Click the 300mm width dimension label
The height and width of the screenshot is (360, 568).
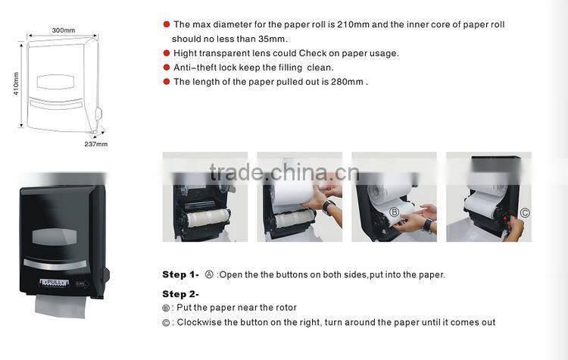[x=64, y=30]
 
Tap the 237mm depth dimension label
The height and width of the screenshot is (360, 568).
[x=96, y=143]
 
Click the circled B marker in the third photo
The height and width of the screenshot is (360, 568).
[x=394, y=211]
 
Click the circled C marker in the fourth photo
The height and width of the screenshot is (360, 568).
[x=524, y=213]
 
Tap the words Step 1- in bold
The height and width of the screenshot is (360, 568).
[x=180, y=274]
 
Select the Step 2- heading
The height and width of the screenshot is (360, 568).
[x=180, y=293]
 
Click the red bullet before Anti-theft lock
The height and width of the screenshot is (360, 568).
[x=167, y=67]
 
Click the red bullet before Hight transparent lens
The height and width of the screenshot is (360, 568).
[x=167, y=53]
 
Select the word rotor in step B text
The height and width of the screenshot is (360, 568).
[x=286, y=307]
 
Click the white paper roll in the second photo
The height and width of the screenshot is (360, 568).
[x=293, y=193]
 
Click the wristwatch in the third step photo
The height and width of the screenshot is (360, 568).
[x=428, y=224]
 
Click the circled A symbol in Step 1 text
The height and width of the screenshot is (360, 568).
[x=209, y=274]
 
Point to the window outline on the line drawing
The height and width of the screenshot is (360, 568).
[x=55, y=82]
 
